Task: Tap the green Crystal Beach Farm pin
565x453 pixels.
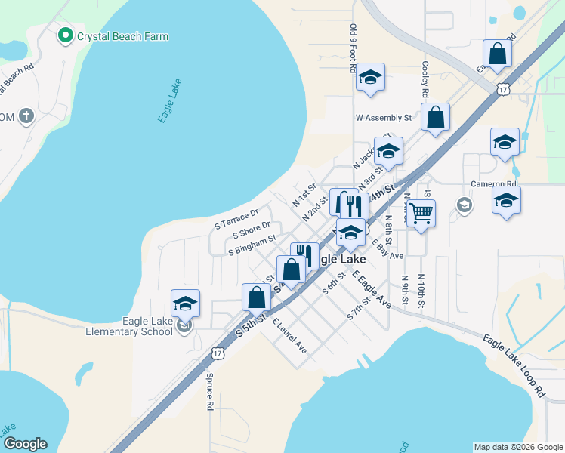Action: [66, 35]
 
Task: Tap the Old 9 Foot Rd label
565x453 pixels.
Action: [353, 47]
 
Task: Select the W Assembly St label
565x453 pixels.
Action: [383, 118]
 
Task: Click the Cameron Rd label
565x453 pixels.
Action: [492, 183]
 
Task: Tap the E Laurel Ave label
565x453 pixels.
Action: [289, 337]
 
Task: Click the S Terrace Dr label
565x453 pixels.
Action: [236, 218]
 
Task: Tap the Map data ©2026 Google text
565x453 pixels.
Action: [517, 446]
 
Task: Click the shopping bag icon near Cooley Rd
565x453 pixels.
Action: [435, 117]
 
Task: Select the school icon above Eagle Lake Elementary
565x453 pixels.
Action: [185, 303]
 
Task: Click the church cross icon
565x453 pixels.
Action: [26, 116]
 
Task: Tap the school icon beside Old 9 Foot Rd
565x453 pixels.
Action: [370, 77]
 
